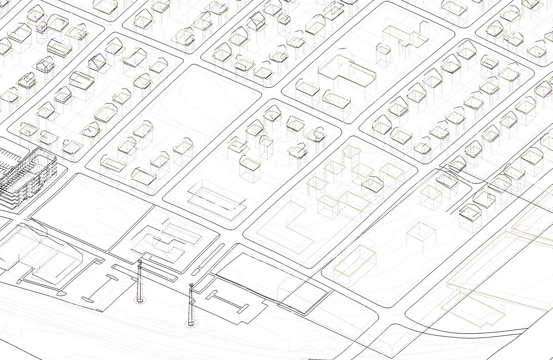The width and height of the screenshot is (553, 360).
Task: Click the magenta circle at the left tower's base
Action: (x=140, y=300)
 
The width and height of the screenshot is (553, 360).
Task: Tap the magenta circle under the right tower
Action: (x=192, y=324)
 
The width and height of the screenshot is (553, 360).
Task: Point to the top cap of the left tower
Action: (x=140, y=262)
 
